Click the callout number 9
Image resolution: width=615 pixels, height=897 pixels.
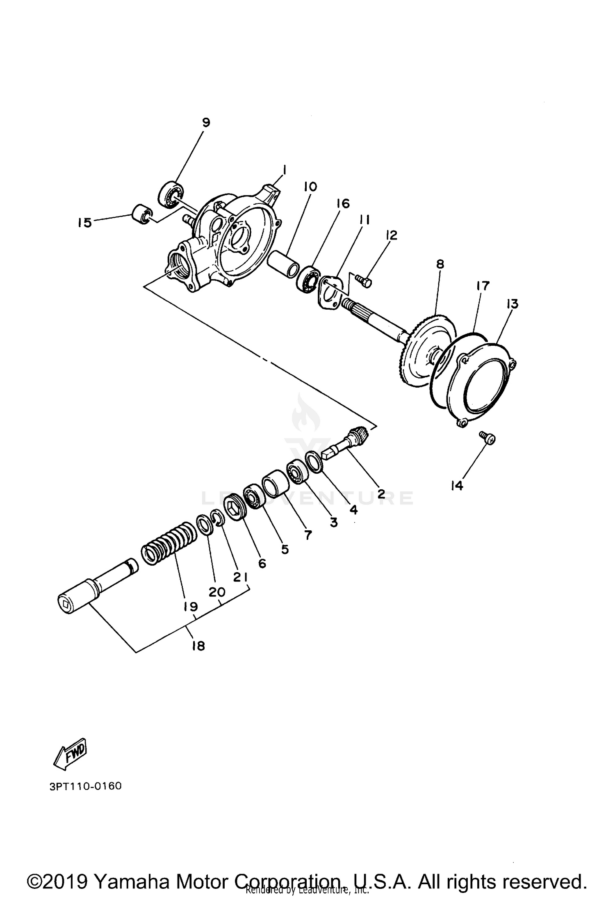pyautogui.click(x=206, y=122)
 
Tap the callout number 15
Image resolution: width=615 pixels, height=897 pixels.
pyautogui.click(x=84, y=223)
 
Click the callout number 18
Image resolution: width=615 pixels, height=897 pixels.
pyautogui.click(x=198, y=646)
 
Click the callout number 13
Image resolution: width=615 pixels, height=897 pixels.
pyautogui.click(x=512, y=304)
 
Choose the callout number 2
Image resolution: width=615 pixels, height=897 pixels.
pyautogui.click(x=381, y=494)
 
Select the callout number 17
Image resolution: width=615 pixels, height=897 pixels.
pyautogui.click(x=483, y=286)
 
